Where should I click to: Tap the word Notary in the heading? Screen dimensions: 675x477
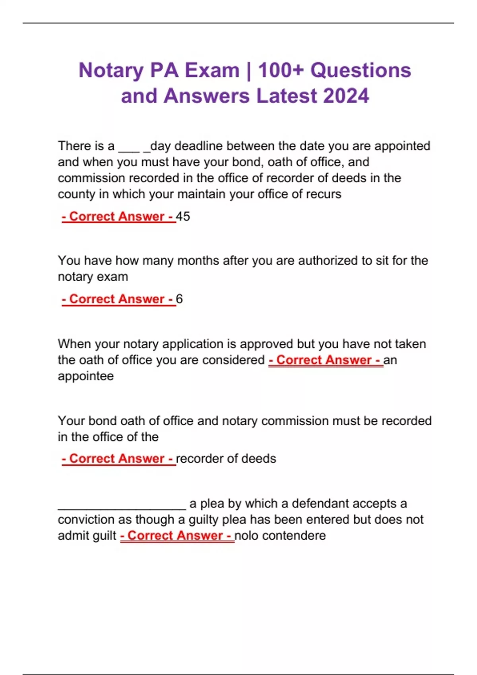coord(111,70)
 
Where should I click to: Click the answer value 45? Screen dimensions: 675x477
coord(183,216)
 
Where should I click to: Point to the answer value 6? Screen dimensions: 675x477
coord(179,299)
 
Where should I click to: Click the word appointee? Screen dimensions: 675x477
coord(86,376)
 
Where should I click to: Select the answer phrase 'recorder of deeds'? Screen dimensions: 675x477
coord(226,459)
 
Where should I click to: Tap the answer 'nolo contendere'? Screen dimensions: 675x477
coord(280,536)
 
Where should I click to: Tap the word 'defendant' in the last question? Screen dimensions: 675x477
coord(320,503)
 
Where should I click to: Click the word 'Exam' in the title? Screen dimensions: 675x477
coord(212,70)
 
